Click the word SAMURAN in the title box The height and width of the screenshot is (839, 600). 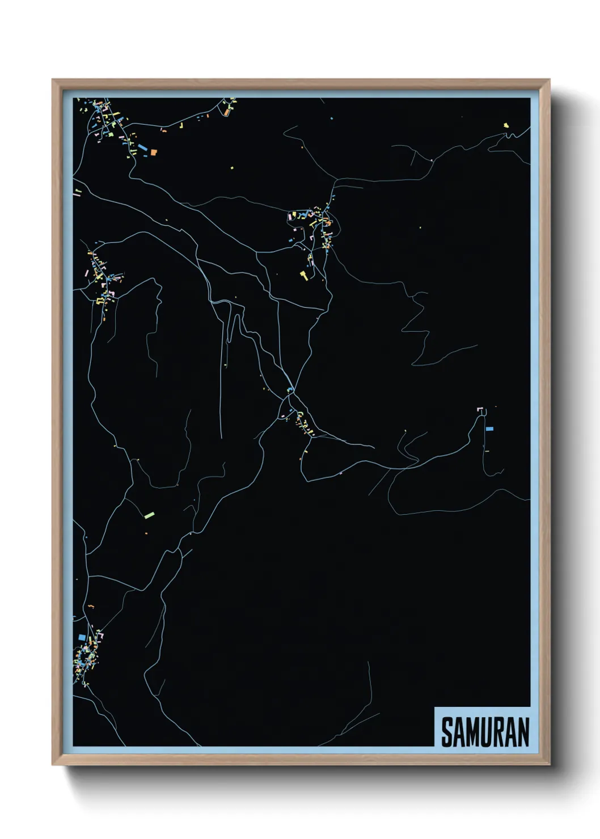pos(485,732)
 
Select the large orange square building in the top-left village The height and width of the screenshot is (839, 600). pos(153,152)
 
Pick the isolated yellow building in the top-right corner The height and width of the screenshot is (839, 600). pos(506,125)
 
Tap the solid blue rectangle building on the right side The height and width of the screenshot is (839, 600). pos(489,429)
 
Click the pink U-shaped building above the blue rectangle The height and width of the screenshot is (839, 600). pos(480,409)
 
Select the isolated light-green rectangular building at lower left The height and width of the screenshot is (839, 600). pos(149,515)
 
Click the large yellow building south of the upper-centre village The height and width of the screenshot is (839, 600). pos(304,276)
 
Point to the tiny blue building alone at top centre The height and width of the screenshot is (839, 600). pos(332,118)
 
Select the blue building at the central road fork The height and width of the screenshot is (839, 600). pos(290,389)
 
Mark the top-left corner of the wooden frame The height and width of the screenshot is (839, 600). pos(53,80)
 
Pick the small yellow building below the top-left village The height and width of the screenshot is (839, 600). pos(231,168)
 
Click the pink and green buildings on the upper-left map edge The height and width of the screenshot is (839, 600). pos(77,192)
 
